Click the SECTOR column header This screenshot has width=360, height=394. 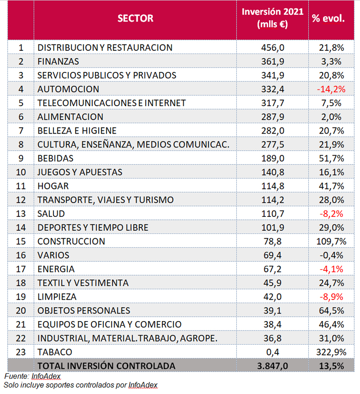[135, 18]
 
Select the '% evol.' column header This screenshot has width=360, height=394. [328, 18]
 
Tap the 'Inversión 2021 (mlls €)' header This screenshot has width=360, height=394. [273, 18]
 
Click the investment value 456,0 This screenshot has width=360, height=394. [273, 48]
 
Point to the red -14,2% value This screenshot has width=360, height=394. [331, 89]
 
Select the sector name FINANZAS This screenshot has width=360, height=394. [58, 62]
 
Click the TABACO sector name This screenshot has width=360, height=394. [55, 352]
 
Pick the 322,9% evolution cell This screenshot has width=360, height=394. [331, 352]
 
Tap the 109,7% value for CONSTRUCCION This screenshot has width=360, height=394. [331, 242]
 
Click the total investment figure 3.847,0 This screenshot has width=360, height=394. [273, 366]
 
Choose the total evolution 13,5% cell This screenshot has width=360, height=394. [331, 366]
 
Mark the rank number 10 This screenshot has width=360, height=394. [21, 172]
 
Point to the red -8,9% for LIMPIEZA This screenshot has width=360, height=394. [331, 297]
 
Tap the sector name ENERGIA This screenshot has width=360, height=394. [56, 269]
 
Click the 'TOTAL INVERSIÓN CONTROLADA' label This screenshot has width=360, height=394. [106, 366]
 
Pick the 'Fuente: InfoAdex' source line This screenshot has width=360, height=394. [32, 376]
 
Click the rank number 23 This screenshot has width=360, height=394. [21, 352]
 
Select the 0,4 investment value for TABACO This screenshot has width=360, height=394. [273, 352]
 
